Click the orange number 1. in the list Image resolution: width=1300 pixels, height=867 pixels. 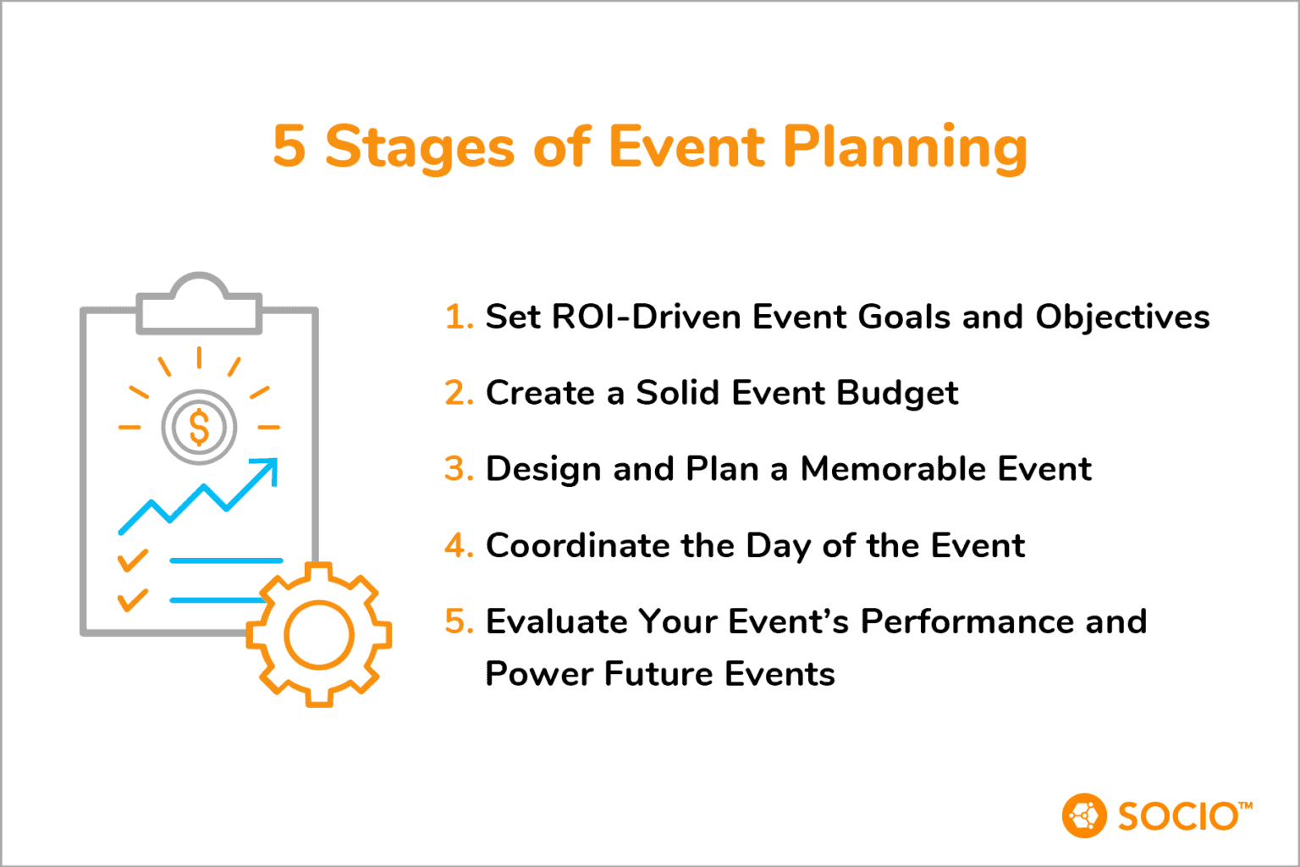pyautogui.click(x=459, y=317)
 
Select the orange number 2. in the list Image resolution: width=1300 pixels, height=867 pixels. pyautogui.click(x=459, y=393)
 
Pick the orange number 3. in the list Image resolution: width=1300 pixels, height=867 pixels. pyautogui.click(x=459, y=469)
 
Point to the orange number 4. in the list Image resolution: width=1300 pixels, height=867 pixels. pyautogui.click(x=459, y=545)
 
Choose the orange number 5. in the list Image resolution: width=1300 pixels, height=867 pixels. pyautogui.click(x=459, y=621)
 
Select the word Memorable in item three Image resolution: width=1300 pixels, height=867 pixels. pyautogui.click(x=893, y=469)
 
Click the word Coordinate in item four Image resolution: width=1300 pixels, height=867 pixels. pyautogui.click(x=576, y=545)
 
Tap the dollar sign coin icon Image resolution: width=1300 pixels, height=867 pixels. pyautogui.click(x=199, y=427)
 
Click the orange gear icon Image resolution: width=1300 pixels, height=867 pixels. pyautogui.click(x=319, y=635)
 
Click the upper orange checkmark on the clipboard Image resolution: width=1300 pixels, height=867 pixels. pyautogui.click(x=132, y=560)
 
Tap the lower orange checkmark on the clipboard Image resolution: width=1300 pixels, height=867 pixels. pyautogui.click(x=132, y=599)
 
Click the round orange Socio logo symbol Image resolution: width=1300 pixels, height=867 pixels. pyautogui.click(x=1083, y=815)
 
